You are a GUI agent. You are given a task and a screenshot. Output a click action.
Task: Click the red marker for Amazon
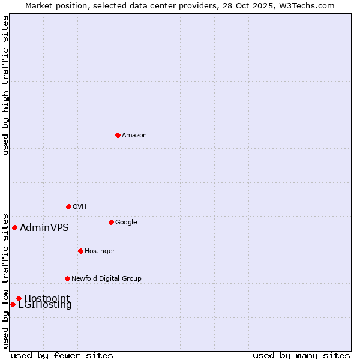tap(118, 135)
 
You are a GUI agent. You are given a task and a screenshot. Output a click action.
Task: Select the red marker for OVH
tap(68, 206)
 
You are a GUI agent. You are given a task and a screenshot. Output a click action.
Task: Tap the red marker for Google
tap(111, 222)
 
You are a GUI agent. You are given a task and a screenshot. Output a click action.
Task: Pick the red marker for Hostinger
tap(80, 251)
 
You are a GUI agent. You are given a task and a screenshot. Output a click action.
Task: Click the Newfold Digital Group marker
tap(67, 278)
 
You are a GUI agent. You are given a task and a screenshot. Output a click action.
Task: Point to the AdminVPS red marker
tap(14, 227)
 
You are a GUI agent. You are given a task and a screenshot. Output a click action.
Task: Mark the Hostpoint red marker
tap(19, 298)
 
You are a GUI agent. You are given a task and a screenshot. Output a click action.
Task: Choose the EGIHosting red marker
tap(13, 304)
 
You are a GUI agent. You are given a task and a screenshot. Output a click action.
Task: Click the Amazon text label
tap(134, 136)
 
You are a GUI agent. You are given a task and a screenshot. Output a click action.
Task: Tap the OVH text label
tap(80, 207)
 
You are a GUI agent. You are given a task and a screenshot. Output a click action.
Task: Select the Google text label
tap(126, 223)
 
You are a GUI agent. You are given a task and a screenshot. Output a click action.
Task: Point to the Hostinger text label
tap(100, 251)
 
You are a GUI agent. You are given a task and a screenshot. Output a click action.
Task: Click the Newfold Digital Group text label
tap(106, 279)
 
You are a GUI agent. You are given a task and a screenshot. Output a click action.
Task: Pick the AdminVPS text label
tap(44, 228)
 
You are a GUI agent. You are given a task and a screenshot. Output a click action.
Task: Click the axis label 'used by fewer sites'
tap(62, 355)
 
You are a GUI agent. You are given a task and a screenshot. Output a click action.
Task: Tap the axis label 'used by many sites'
tap(301, 355)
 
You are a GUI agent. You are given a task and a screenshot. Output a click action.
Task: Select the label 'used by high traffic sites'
tap(5, 85)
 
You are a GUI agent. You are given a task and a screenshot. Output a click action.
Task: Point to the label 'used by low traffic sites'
tap(5, 280)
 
